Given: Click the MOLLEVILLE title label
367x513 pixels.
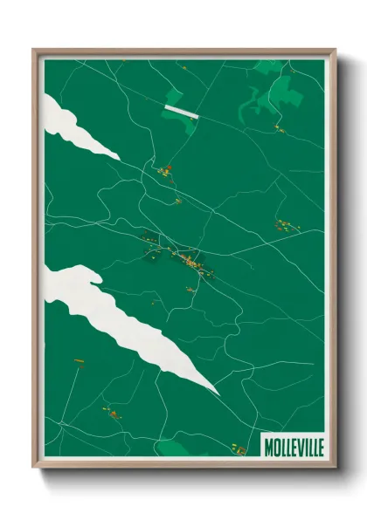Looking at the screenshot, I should point(293,448).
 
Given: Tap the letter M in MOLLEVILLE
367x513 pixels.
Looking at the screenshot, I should point(268,448).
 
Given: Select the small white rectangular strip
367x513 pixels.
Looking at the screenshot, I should point(183,110).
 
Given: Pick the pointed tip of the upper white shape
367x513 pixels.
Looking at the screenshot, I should point(118,157).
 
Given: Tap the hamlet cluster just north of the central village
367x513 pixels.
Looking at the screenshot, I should point(165,171).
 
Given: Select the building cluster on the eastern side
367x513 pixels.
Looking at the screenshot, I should point(284,226).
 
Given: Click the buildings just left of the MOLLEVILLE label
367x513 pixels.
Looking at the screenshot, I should point(238,448).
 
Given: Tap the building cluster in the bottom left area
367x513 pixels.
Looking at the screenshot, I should point(112,408).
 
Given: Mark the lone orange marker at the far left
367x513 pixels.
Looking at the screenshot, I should point(77,358).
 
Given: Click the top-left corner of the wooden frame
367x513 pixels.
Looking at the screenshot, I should point(34,50).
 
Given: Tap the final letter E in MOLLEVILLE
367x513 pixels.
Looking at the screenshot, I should point(319,448).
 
